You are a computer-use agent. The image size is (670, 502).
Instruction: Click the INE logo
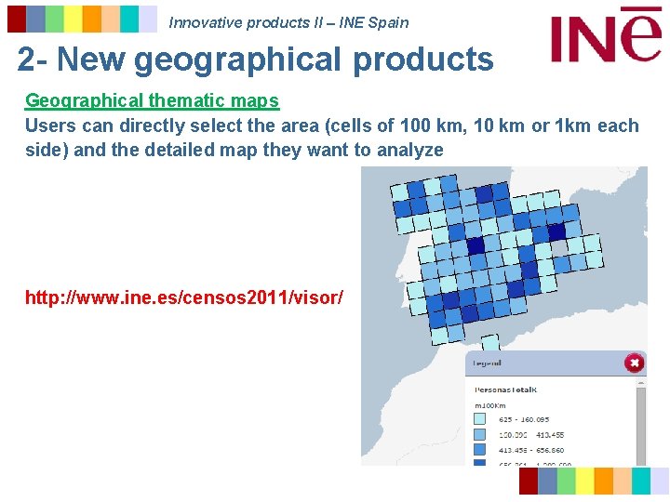[605, 34]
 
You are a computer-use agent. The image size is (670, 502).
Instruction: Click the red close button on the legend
[634, 363]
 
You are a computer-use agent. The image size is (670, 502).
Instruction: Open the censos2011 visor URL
[184, 297]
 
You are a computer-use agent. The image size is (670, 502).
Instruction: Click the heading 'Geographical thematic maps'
[152, 100]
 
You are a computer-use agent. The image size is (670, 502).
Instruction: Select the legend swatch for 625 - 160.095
[480, 419]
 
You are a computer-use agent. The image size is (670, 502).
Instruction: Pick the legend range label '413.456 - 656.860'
[530, 450]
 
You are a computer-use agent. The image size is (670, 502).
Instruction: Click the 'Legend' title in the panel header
[488, 363]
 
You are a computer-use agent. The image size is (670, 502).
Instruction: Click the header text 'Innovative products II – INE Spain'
[288, 22]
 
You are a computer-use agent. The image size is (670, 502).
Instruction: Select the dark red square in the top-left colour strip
[17, 19]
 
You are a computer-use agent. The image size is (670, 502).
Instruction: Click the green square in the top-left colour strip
[55, 19]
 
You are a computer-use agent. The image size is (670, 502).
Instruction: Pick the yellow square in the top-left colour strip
[74, 19]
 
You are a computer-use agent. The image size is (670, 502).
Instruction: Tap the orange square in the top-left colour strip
[92, 19]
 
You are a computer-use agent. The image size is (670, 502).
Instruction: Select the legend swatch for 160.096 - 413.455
[480, 434]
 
